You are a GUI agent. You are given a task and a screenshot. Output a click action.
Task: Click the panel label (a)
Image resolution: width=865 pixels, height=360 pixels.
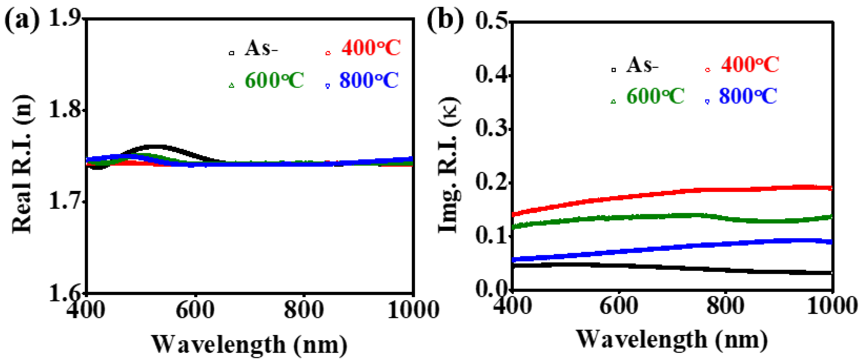coord(22,21)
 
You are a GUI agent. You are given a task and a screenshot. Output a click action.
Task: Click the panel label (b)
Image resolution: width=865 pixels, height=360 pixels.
coord(445,21)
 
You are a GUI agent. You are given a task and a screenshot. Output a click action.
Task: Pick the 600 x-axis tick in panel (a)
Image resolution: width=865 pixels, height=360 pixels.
coord(195,309)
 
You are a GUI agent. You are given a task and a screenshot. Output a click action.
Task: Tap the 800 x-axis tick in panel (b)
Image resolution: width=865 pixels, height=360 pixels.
coord(725,306)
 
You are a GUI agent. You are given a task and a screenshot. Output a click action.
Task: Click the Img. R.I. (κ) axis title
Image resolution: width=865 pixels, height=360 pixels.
coord(449,165)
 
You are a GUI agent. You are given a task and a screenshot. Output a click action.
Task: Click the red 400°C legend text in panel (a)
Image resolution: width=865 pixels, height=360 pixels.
coord(371,48)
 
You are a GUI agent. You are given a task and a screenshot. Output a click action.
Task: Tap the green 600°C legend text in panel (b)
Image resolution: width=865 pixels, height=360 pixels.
coord(655,96)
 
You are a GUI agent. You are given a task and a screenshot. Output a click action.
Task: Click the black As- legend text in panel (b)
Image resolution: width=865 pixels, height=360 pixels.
coord(642,65)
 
